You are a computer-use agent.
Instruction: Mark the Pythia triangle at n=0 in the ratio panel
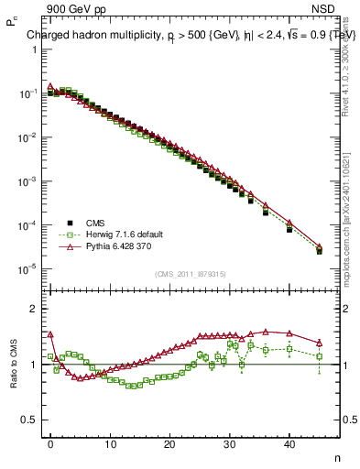click(51, 334)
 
